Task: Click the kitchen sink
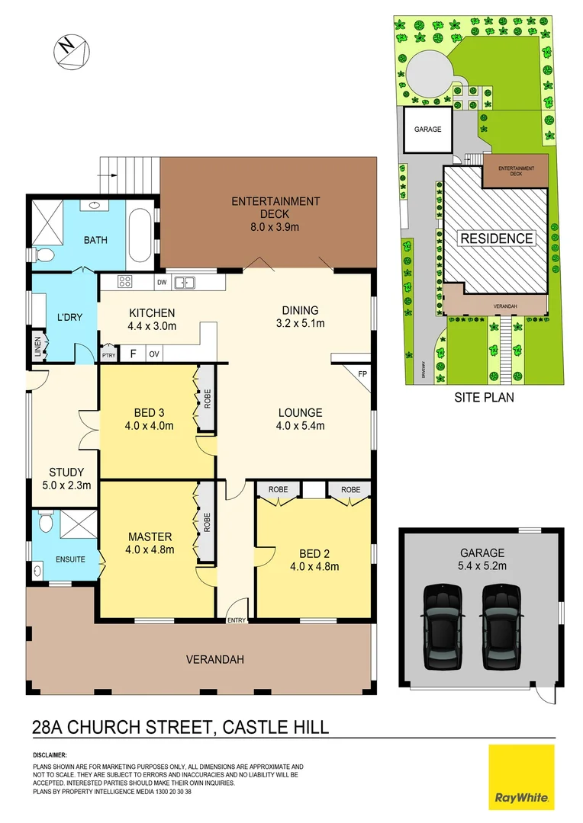184,283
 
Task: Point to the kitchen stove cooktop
125,283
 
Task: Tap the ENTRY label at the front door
236,620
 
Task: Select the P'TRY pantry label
108,354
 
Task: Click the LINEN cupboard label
37,348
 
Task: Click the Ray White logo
522,777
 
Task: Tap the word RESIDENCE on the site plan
496,239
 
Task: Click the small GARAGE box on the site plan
427,130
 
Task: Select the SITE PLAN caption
484,397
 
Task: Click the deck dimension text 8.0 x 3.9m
275,227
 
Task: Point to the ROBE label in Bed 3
206,400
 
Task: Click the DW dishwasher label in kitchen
161,283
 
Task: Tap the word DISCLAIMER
54,756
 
